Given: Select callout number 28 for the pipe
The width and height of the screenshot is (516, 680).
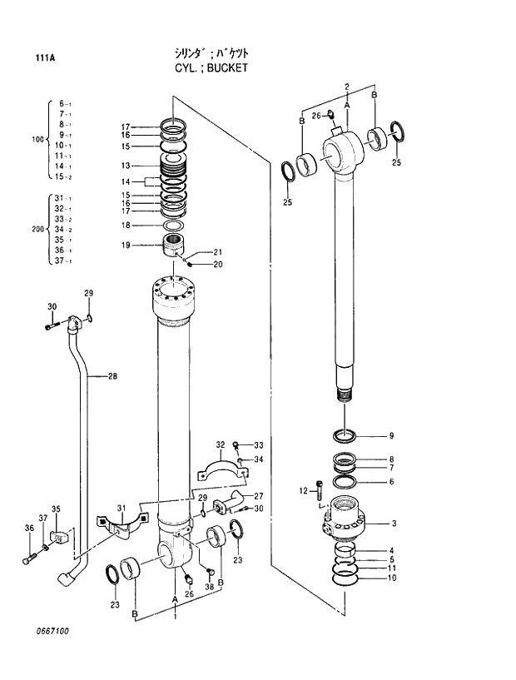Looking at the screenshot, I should [x=112, y=376].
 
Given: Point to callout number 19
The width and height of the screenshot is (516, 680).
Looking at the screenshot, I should [x=125, y=246].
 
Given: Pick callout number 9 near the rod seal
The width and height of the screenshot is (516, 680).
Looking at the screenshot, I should [x=390, y=435].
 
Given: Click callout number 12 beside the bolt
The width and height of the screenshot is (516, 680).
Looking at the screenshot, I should [x=303, y=489].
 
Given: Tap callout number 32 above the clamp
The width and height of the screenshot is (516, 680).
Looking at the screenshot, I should [x=221, y=444].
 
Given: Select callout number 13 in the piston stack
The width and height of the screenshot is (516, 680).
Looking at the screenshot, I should [x=125, y=165].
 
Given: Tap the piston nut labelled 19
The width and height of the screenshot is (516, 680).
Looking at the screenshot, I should [x=173, y=246].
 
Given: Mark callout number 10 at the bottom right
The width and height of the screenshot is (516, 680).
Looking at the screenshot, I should [x=391, y=578].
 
